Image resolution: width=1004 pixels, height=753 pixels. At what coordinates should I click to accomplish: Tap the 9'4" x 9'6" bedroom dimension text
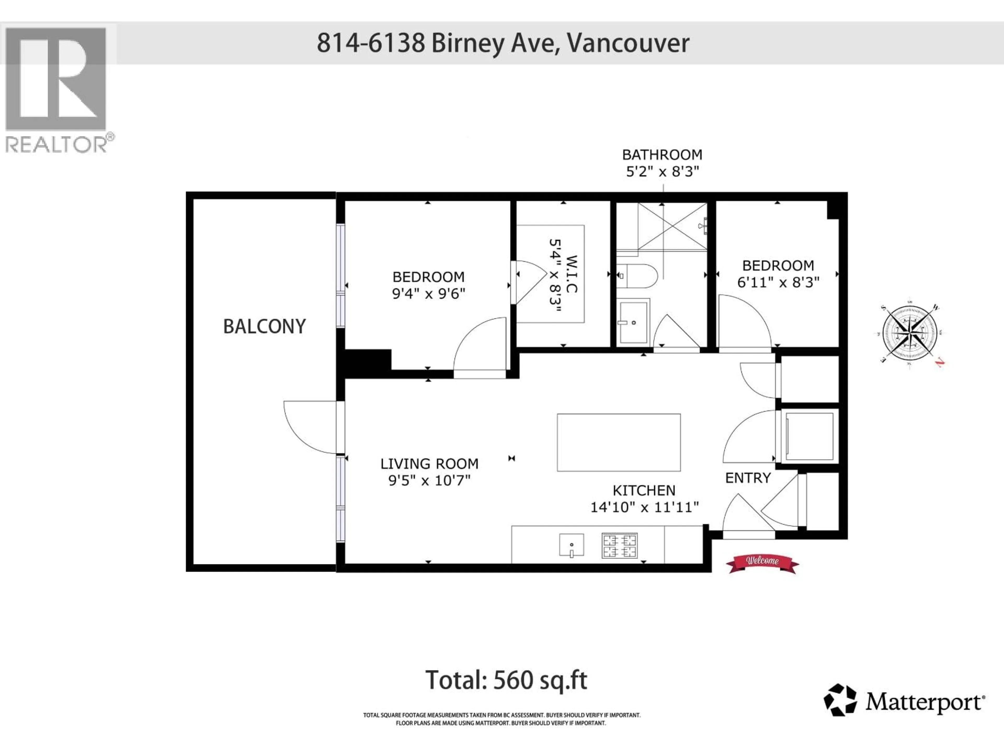pyautogui.click(x=429, y=294)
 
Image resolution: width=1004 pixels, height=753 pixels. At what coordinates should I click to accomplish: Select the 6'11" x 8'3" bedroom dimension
pyautogui.click(x=778, y=282)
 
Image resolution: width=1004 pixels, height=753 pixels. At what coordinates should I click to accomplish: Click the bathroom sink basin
pyautogui.click(x=633, y=322)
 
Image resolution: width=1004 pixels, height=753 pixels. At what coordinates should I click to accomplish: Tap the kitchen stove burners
pyautogui.click(x=620, y=546)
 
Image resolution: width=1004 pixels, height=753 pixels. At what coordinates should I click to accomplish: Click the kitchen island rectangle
pyautogui.click(x=619, y=442)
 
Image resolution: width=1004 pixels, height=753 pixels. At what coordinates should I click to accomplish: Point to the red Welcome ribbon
pyautogui.click(x=762, y=563)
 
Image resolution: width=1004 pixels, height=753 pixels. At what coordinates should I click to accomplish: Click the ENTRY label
pyautogui.click(x=748, y=478)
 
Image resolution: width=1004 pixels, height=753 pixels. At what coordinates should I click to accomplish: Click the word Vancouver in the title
pyautogui.click(x=628, y=43)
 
